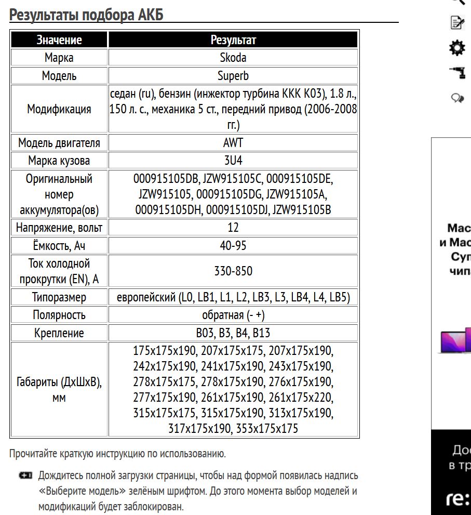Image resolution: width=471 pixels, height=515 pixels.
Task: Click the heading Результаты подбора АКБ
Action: [86, 15]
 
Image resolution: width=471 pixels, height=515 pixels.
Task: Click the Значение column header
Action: [59, 40]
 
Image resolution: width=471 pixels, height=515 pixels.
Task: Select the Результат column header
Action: [233, 40]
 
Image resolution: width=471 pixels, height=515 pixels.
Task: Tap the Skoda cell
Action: [233, 58]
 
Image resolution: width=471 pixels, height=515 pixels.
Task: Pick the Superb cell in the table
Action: [233, 76]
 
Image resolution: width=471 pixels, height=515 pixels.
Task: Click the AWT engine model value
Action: [233, 142]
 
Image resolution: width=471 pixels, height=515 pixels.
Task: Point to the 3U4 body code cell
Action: [233, 160]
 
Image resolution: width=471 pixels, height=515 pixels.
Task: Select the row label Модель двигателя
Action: [59, 142]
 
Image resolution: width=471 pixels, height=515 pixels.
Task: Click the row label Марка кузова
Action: [59, 160]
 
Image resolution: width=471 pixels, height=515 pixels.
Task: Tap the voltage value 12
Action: [233, 227]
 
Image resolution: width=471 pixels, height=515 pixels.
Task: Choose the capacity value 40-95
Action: [233, 245]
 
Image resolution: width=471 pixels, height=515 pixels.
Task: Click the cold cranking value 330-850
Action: [233, 271]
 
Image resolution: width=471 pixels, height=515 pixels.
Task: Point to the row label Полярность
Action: [59, 315]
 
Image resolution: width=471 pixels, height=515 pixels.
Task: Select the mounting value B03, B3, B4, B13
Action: [233, 333]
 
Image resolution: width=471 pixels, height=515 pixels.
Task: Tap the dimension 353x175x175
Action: [267, 429]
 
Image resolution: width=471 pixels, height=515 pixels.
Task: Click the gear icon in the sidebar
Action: [457, 48]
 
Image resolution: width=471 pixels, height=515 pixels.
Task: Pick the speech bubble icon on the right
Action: [457, 98]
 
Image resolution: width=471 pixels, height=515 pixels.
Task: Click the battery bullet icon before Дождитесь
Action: [25, 476]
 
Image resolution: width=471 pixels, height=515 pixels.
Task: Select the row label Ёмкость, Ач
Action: [59, 245]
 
